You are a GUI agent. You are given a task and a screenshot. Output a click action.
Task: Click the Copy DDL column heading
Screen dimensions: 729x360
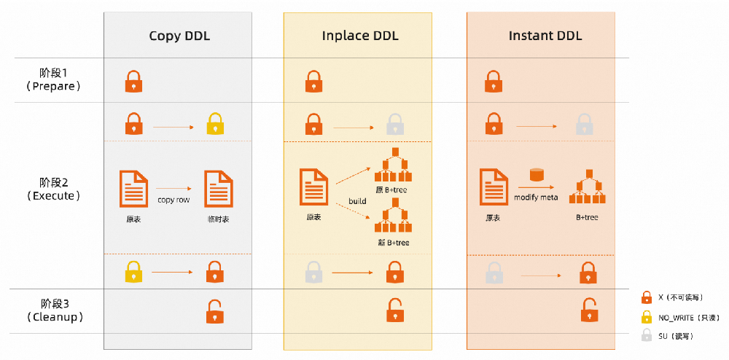(179, 36)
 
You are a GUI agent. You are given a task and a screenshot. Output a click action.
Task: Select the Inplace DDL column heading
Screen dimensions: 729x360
(360, 36)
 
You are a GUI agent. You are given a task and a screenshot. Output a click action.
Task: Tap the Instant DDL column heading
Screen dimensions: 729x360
(545, 36)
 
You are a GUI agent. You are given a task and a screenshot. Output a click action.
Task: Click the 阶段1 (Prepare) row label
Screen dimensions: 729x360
(54, 79)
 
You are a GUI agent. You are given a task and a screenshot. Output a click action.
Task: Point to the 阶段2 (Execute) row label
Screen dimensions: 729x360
(54, 189)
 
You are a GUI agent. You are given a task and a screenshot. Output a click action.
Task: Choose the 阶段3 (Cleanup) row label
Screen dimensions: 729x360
(54, 310)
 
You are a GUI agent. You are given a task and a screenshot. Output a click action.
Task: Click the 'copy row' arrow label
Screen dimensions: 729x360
(174, 200)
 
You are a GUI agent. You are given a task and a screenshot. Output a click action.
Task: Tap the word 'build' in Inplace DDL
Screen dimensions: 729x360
(357, 201)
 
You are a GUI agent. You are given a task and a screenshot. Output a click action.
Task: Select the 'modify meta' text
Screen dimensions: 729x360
(536, 197)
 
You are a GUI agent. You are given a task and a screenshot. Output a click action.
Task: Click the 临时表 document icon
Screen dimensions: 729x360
(219, 189)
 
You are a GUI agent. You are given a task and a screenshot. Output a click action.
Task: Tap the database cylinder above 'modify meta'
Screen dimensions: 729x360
(537, 176)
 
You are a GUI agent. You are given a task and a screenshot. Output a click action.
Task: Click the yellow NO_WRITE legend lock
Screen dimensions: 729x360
(646, 317)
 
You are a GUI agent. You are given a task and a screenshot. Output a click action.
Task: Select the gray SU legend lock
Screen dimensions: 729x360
(646, 335)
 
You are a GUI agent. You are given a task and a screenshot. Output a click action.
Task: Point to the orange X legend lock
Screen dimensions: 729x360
(646, 297)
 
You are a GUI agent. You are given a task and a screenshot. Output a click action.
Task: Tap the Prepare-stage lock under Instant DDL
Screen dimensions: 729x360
(494, 81)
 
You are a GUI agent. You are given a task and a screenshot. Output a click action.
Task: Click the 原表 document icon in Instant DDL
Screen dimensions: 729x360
(494, 187)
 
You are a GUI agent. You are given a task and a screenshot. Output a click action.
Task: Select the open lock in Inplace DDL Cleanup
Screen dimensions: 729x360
(395, 310)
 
